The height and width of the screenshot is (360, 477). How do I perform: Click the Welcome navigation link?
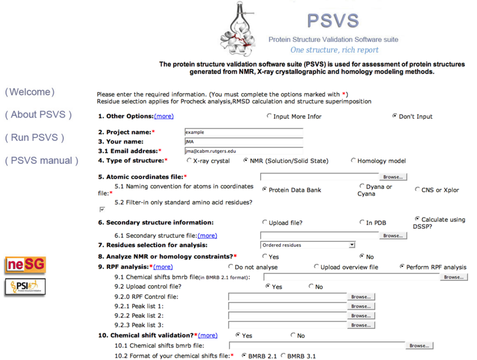point(30,92)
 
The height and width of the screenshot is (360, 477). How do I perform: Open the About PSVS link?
point(38,115)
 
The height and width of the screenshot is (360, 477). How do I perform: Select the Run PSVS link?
point(35,137)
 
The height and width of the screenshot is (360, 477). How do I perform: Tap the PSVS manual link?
point(41,160)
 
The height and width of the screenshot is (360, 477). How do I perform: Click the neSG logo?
point(25,265)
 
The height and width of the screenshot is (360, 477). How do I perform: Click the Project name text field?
point(244,132)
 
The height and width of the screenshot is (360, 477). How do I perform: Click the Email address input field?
point(244,151)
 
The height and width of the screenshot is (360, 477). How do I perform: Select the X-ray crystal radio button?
point(190,160)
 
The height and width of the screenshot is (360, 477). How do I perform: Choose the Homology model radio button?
point(353,160)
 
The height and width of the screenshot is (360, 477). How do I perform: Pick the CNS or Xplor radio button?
point(418,189)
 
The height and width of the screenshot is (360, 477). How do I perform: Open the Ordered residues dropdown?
point(308,245)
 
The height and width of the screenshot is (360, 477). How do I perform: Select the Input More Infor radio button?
point(269,116)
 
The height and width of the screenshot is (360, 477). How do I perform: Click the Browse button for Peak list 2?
point(361,316)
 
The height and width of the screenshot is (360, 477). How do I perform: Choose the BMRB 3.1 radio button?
point(283,356)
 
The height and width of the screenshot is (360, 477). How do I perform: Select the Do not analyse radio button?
point(231,266)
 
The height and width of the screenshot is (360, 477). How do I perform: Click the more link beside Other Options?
point(164,116)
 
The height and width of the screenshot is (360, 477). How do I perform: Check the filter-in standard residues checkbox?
point(102,210)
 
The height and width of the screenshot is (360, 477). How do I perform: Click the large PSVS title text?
point(333,20)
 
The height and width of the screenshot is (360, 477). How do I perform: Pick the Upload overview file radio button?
point(316,266)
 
